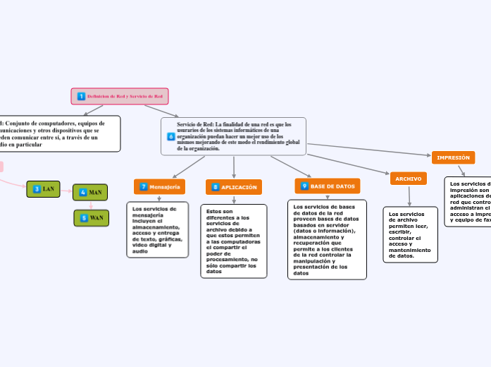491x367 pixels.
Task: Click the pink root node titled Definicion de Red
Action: tap(120, 96)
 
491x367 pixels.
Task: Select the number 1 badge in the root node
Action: tap(81, 96)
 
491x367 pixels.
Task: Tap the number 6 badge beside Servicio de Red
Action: tap(171, 136)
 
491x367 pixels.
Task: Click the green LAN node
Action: tap(44, 189)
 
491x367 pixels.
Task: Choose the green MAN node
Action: tap(90, 192)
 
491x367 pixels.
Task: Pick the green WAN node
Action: tap(91, 218)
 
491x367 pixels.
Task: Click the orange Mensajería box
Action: tap(159, 186)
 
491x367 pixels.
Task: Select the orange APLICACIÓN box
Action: tap(234, 187)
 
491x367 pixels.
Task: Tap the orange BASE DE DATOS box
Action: tap(327, 186)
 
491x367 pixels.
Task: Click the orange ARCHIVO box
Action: tap(408, 179)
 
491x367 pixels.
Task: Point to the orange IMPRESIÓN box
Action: tap(453, 157)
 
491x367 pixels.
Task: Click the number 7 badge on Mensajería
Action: tap(144, 186)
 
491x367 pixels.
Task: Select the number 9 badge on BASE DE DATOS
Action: tap(304, 186)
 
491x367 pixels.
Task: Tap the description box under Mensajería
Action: tap(158, 229)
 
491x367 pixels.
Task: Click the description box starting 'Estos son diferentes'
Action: tap(233, 241)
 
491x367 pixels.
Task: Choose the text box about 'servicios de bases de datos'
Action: tap(327, 239)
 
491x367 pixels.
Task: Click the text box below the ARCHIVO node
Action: tap(410, 234)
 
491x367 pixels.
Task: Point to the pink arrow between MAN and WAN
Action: tap(91, 205)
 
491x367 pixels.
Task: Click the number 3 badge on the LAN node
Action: tap(37, 189)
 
